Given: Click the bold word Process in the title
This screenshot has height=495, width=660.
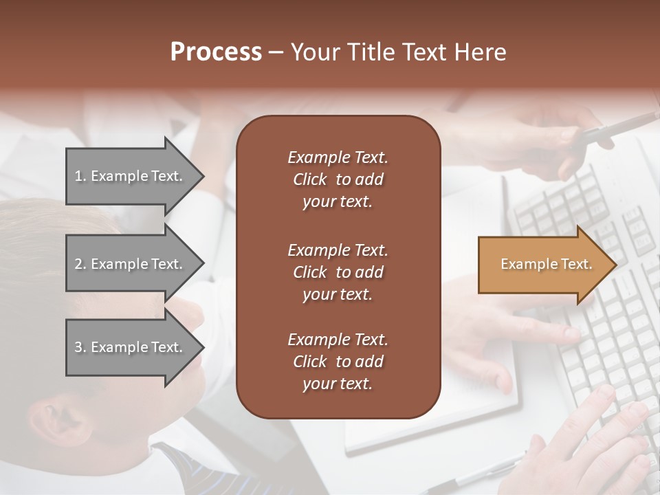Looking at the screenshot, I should click(216, 52).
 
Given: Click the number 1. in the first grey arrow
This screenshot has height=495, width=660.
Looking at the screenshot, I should click(80, 176).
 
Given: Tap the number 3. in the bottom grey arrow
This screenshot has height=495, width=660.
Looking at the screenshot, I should click(80, 347).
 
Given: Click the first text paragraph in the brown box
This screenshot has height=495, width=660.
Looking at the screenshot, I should click(338, 179).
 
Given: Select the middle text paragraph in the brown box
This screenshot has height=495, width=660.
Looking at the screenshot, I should click(338, 272).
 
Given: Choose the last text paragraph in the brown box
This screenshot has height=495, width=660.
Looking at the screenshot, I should click(338, 362).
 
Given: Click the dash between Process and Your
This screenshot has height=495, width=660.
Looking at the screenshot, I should click(276, 52).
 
